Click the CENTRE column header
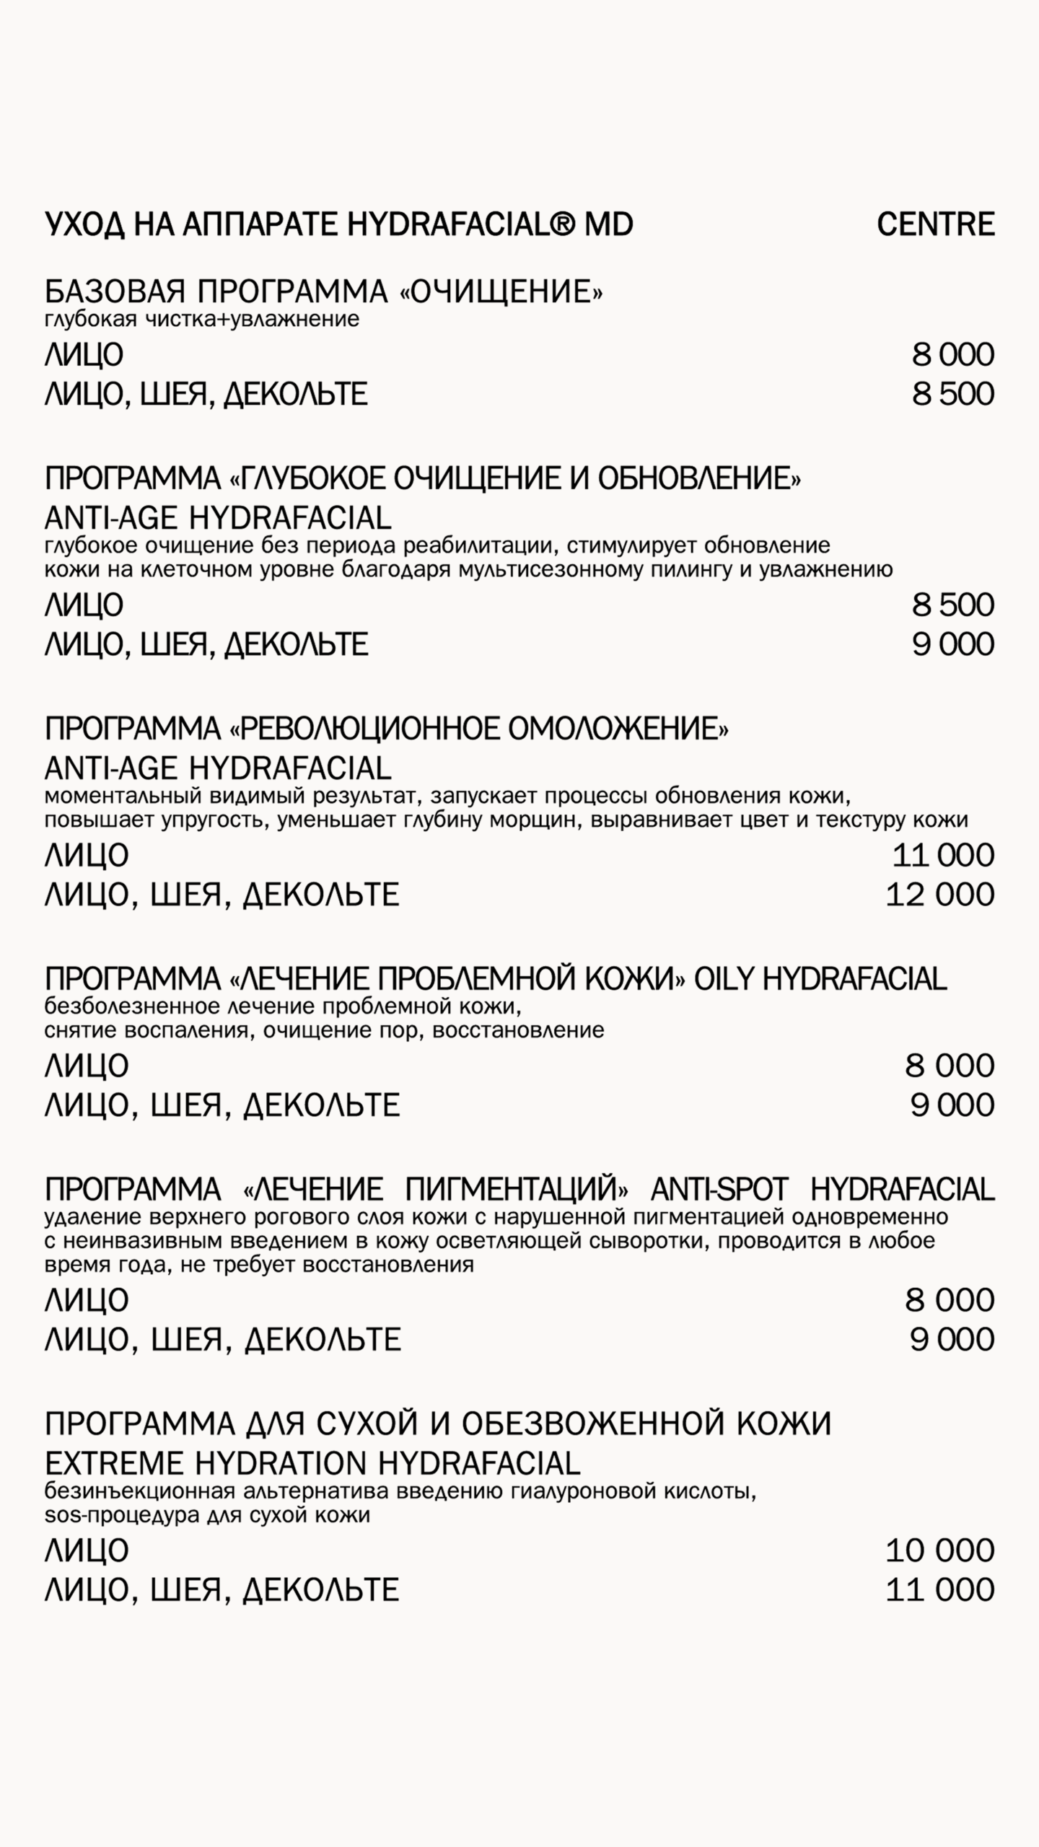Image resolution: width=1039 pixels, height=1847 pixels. (x=935, y=224)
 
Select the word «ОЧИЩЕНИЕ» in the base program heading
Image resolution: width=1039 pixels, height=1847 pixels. (x=501, y=291)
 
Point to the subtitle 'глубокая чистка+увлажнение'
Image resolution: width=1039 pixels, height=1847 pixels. (x=202, y=319)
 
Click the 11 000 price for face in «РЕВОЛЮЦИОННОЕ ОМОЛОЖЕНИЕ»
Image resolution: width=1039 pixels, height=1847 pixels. (x=943, y=856)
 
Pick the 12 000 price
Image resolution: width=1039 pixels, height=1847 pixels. (x=939, y=895)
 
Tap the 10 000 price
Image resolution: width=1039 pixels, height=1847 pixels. (x=939, y=1550)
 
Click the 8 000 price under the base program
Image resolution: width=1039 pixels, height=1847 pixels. (x=952, y=355)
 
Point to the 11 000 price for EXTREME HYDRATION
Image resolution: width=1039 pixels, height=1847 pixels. (x=939, y=1589)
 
